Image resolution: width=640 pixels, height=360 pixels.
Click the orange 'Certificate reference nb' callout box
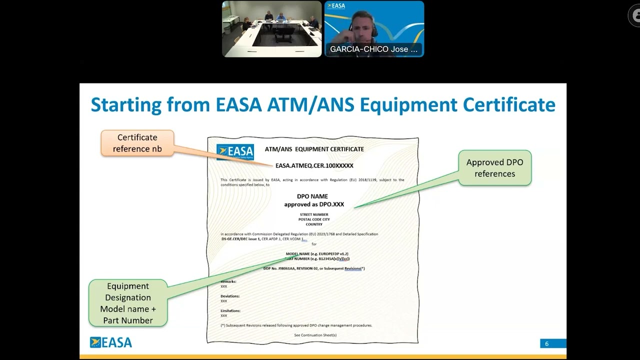click(137, 143)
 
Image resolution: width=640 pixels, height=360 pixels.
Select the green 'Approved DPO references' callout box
click(494, 168)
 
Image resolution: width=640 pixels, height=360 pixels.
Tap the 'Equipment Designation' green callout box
click(128, 303)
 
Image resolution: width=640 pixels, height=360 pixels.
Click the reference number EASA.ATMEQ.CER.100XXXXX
click(314, 165)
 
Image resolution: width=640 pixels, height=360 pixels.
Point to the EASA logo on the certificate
click(235, 151)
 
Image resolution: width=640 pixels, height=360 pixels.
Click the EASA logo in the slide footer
click(111, 342)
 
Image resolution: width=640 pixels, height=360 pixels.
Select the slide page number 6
click(547, 343)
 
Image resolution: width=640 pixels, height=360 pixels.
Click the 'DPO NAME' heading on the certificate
click(312, 196)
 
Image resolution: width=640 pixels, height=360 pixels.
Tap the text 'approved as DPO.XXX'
click(314, 204)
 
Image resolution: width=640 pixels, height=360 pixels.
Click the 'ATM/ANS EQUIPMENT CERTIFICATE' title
click(314, 149)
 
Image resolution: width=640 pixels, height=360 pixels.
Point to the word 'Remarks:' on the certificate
click(228, 281)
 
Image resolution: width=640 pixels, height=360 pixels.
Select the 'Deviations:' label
click(230, 296)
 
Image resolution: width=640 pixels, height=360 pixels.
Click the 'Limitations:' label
click(230, 310)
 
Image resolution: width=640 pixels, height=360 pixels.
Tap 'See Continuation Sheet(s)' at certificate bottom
click(315, 335)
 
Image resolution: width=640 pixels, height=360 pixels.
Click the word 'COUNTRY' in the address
click(314, 224)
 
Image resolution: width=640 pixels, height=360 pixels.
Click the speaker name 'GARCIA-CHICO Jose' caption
click(373, 49)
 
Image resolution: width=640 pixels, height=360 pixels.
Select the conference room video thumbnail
click(272, 29)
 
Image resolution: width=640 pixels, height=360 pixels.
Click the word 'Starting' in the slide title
click(125, 105)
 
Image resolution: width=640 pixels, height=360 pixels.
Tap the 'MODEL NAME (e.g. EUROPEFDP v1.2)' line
click(317, 254)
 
